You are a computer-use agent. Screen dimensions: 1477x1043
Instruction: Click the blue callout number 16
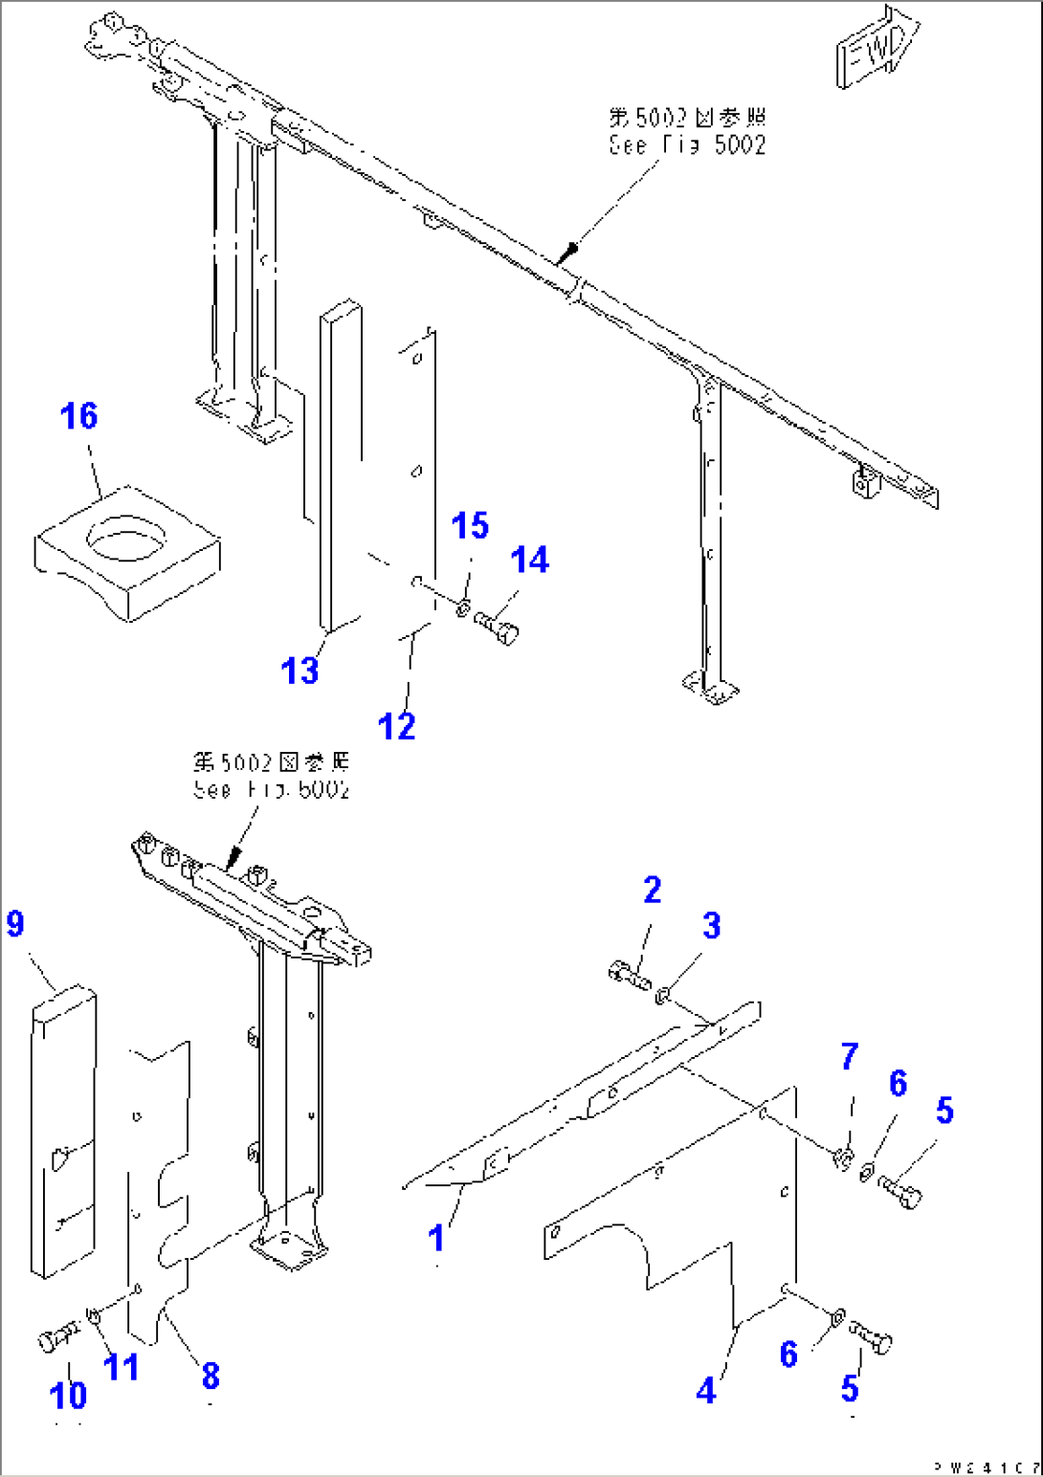[x=78, y=416]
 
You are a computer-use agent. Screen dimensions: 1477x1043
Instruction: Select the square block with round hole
[x=127, y=552]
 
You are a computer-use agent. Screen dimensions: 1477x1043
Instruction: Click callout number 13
[x=299, y=671]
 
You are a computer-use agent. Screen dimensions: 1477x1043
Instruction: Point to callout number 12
[x=396, y=726]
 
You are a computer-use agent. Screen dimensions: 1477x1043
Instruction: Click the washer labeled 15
[x=463, y=606]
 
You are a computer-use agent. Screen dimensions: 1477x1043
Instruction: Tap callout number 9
[x=15, y=924]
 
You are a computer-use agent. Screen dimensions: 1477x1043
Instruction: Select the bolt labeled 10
[x=59, y=1336]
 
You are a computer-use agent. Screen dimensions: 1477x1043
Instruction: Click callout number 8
[x=211, y=1376]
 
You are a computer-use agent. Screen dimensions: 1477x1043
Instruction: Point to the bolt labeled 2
[x=629, y=977]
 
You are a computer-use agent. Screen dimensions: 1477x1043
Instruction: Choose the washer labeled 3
[x=660, y=998]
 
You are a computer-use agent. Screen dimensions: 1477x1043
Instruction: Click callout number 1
[x=436, y=1238]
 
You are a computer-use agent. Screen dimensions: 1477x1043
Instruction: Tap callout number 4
[x=706, y=1390]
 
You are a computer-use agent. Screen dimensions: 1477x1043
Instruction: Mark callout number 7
[x=850, y=1057]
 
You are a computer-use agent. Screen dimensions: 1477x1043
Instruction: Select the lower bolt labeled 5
[x=871, y=1336]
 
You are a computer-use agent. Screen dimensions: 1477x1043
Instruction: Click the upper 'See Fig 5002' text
[x=687, y=144]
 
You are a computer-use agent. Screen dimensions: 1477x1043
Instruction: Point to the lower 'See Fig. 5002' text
[x=272, y=789]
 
